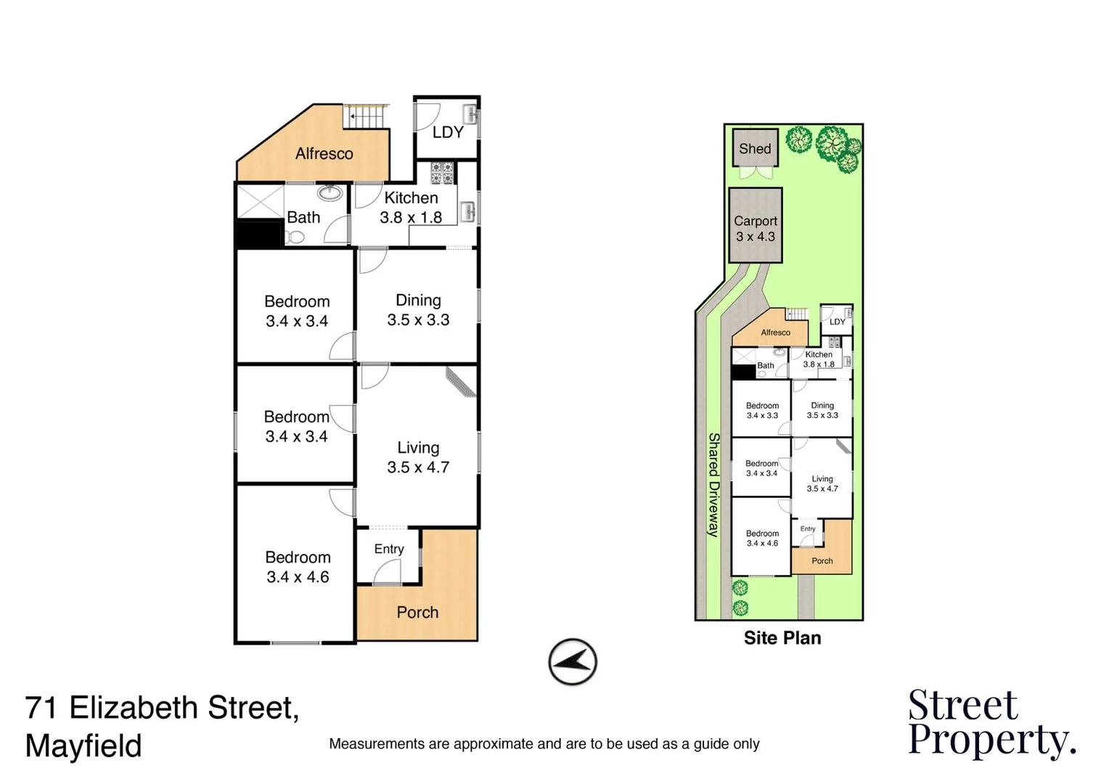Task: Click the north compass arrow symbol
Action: pyautogui.click(x=573, y=661)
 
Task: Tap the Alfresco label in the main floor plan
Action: pyautogui.click(x=324, y=154)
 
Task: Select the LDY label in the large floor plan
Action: pyautogui.click(x=447, y=132)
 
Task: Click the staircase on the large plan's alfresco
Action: pyautogui.click(x=366, y=116)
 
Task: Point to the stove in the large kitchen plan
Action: pyautogui.click(x=442, y=173)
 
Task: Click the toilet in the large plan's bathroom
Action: pyautogui.click(x=295, y=237)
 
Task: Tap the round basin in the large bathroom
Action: pyautogui.click(x=330, y=193)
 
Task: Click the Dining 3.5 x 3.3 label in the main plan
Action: pyautogui.click(x=418, y=310)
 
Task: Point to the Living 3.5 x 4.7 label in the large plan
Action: pyautogui.click(x=418, y=457)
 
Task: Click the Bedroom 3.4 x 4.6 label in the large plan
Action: pyautogui.click(x=298, y=567)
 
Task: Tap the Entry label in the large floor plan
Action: pyautogui.click(x=389, y=549)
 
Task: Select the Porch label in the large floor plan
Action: pyautogui.click(x=417, y=612)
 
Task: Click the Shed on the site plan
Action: pyautogui.click(x=755, y=149)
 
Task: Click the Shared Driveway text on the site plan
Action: pyautogui.click(x=713, y=484)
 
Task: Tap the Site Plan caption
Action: pyautogui.click(x=782, y=638)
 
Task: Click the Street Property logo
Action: pyautogui.click(x=991, y=723)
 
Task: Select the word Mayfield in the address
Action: pyautogui.click(x=83, y=746)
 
